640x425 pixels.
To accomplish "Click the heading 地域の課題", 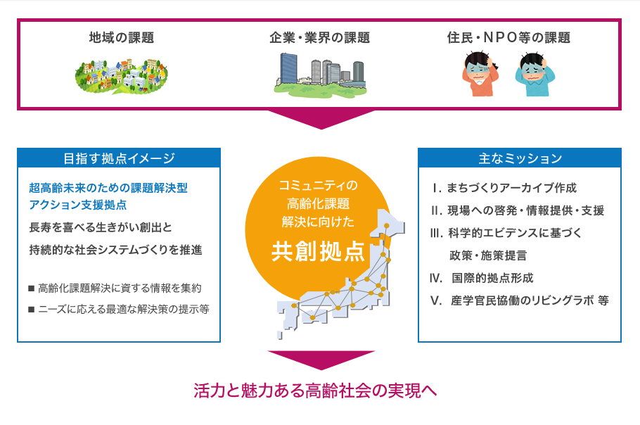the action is (x=122, y=37).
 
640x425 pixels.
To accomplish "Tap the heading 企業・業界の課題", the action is (x=319, y=37).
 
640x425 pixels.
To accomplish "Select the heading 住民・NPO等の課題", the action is (x=508, y=37).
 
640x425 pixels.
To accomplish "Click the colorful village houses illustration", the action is (x=122, y=76).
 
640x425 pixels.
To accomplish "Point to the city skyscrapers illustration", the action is (x=321, y=75).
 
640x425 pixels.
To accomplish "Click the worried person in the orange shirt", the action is (x=480, y=74).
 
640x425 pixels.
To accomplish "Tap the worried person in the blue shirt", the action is (x=535, y=75).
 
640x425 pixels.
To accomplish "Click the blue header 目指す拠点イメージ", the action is (x=119, y=158).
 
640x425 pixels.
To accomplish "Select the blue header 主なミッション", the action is (x=520, y=158).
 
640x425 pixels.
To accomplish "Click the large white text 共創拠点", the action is (x=318, y=251).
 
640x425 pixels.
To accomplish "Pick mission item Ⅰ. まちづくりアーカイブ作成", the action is (x=504, y=188).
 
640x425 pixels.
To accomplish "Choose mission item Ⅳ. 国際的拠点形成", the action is (x=481, y=278).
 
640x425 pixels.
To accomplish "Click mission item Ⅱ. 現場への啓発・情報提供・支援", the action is (x=517, y=210).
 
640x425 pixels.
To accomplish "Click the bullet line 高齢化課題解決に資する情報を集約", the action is (x=115, y=288).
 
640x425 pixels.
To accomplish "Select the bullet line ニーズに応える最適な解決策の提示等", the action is (x=118, y=309).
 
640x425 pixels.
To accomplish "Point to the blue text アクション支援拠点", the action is (x=77, y=205).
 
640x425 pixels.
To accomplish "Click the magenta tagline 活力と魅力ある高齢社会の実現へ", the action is (x=315, y=391).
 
